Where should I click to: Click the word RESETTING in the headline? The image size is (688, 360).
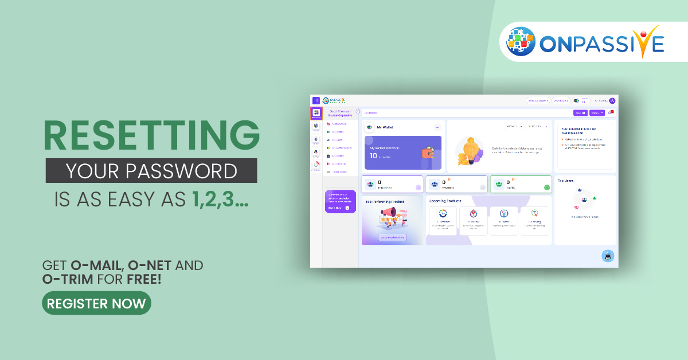click(x=151, y=137)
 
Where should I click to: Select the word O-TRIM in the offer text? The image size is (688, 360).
click(x=66, y=280)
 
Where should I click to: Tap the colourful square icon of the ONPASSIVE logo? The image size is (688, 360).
click(x=521, y=41)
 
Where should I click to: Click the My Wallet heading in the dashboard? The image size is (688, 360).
click(x=385, y=127)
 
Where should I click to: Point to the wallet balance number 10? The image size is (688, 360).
click(x=373, y=155)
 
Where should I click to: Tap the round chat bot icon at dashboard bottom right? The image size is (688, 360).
click(x=608, y=256)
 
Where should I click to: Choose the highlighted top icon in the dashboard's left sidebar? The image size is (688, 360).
click(x=316, y=114)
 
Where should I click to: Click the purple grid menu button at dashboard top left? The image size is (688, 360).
click(x=316, y=100)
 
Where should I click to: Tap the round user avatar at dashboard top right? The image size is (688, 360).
click(x=612, y=101)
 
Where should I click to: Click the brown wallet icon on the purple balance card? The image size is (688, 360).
click(x=428, y=153)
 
